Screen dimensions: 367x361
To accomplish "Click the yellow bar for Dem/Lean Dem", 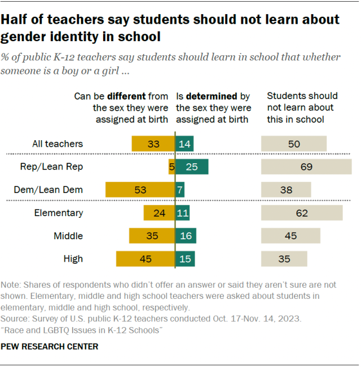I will click(x=140, y=190).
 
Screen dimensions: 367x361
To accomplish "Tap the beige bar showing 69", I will click(x=306, y=167).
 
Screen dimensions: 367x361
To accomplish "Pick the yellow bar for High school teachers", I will click(x=146, y=259).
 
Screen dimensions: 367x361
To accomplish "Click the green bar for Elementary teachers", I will click(x=182, y=213).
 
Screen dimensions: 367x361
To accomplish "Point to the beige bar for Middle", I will click(x=290, y=236).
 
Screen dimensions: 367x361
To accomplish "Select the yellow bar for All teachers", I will click(x=153, y=144).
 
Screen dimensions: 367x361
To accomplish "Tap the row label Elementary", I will click(x=59, y=213).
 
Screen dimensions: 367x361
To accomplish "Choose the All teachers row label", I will click(x=57, y=144).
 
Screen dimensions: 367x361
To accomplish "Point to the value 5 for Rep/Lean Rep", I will click(x=171, y=167).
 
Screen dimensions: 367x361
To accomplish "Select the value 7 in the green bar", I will click(x=180, y=190).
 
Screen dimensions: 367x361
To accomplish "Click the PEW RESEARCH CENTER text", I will click(x=50, y=346).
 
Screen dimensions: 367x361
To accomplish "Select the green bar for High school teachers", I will click(x=185, y=259).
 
